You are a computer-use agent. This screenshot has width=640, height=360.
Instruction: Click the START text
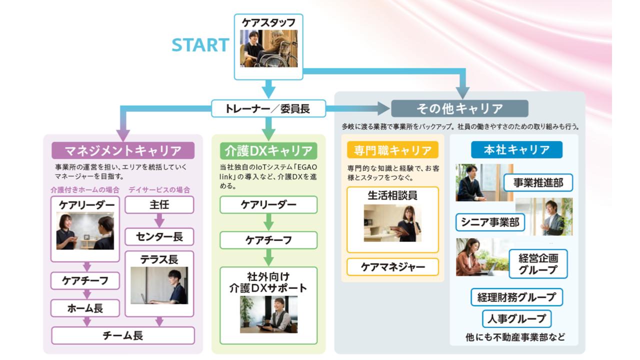(x=200, y=45)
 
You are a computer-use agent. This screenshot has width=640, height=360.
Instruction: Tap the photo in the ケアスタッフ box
(x=268, y=48)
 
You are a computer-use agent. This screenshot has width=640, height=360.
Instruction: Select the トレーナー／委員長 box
(x=268, y=108)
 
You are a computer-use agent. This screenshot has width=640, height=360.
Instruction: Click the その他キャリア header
(x=459, y=108)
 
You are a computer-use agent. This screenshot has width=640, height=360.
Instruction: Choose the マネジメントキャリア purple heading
(x=123, y=150)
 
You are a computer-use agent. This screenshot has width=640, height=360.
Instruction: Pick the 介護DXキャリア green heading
(x=268, y=150)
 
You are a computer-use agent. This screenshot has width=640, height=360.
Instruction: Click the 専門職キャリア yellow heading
(x=392, y=150)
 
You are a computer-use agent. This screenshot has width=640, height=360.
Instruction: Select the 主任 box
(x=159, y=205)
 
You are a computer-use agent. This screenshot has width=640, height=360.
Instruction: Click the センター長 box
(x=159, y=236)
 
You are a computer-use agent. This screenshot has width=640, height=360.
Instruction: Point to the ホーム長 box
(x=85, y=308)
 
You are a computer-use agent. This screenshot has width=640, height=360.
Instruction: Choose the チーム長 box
(x=123, y=335)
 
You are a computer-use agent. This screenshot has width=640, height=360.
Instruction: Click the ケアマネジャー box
(x=392, y=267)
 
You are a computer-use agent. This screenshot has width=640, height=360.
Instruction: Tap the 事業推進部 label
(x=538, y=183)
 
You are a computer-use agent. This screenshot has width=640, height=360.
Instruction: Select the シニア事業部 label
(x=490, y=222)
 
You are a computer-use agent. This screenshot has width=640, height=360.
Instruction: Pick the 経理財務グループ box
(x=516, y=297)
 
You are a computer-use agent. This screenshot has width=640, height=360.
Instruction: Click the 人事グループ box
(x=516, y=318)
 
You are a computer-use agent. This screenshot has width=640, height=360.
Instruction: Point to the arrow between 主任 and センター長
(x=159, y=220)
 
